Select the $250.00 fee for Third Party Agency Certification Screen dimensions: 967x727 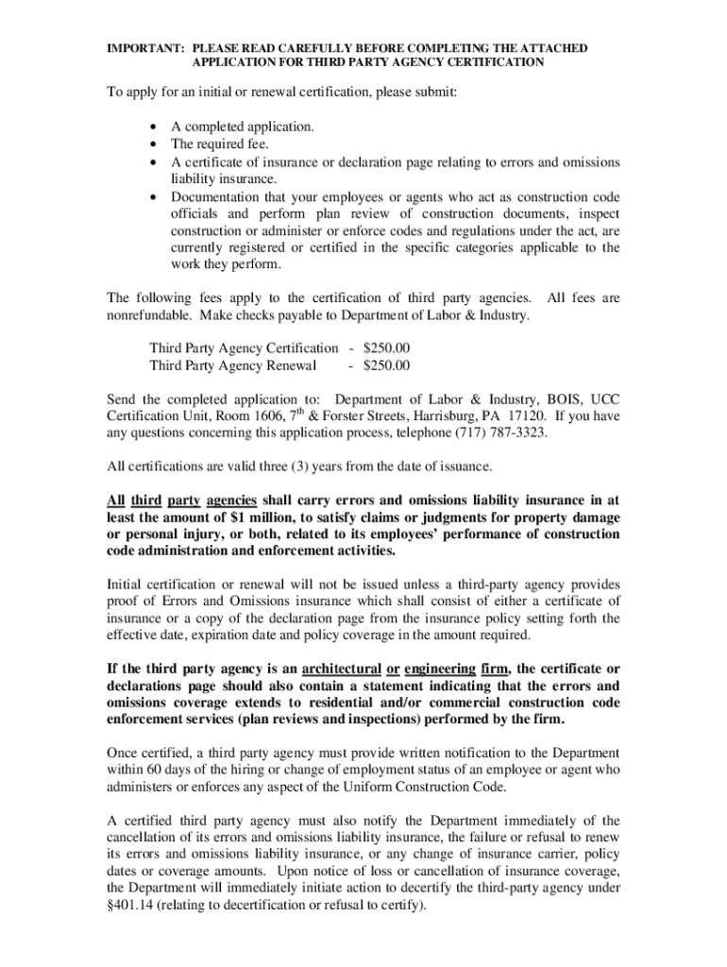coord(387,348)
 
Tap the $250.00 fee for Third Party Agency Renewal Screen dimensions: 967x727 coord(387,365)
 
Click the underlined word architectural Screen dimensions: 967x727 coord(332,669)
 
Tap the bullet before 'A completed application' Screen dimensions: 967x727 coord(154,127)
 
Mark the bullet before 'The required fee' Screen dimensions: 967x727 coord(154,144)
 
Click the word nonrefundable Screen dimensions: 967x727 coord(145,314)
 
